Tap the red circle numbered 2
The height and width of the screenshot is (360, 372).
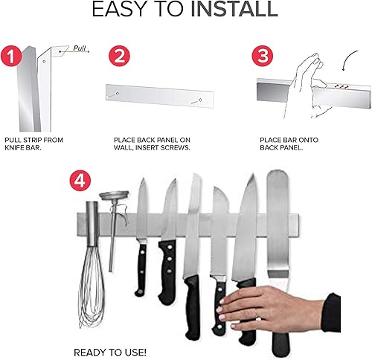(x=120, y=57)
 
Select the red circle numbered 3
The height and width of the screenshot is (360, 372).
(x=261, y=57)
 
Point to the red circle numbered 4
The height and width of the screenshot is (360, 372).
(x=80, y=181)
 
